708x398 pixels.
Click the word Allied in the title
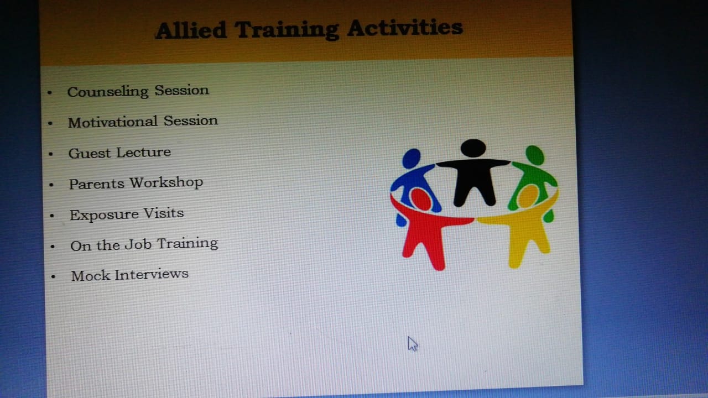(x=191, y=30)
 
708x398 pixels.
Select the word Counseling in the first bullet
(x=108, y=92)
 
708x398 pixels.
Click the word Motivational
(x=112, y=122)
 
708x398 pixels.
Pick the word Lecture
(x=144, y=153)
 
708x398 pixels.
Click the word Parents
(x=97, y=184)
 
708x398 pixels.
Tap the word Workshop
(x=166, y=182)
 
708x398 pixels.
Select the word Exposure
(x=105, y=215)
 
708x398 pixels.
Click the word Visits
(x=164, y=213)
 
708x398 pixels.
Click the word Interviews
(x=152, y=274)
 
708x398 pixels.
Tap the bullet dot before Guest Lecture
(x=51, y=154)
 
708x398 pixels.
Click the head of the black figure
(x=473, y=148)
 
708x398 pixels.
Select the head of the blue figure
(x=411, y=158)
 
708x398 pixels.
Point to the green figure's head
(x=535, y=155)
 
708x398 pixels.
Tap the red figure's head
(x=421, y=199)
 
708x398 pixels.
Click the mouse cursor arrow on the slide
(x=413, y=344)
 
